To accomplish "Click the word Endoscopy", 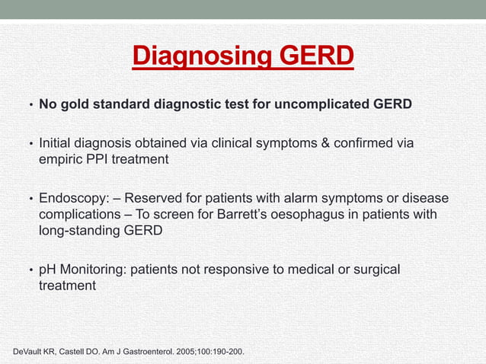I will click(72, 198).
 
